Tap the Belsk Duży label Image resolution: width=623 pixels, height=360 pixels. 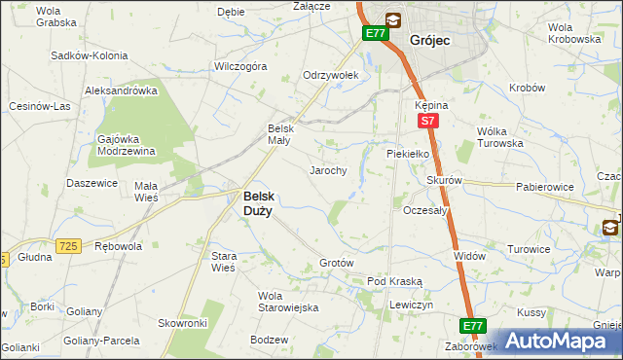[257, 201]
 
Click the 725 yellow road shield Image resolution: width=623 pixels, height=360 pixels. [67, 247]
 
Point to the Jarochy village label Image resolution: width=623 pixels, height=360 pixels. [328, 170]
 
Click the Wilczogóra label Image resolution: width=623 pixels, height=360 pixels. [240, 67]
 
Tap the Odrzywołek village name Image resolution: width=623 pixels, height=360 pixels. [331, 75]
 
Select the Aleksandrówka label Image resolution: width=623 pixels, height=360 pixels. [122, 90]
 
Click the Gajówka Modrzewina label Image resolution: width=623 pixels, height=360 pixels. [128, 145]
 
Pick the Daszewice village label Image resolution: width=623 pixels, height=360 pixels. [92, 183]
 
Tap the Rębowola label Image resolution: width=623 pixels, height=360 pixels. [118, 246]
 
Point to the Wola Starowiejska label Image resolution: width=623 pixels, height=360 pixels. [288, 302]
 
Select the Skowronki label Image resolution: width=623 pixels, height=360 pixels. [183, 322]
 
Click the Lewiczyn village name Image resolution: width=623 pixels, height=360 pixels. [410, 305]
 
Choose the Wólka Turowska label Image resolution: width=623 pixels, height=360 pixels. [499, 137]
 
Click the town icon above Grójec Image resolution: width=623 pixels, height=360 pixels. [392, 18]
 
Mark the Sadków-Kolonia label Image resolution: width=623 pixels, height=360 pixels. [91, 56]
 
